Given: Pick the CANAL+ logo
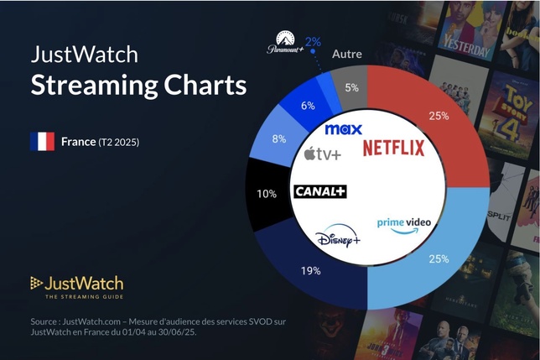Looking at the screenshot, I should (320, 191).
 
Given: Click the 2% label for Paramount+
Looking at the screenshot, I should (313, 40).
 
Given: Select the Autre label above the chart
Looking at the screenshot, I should (346, 54).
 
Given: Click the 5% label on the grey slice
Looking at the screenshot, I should (351, 86).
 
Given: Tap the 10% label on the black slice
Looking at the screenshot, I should (266, 194).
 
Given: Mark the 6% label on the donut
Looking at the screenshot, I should (308, 106).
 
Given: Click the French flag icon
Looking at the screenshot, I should (42, 141).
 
